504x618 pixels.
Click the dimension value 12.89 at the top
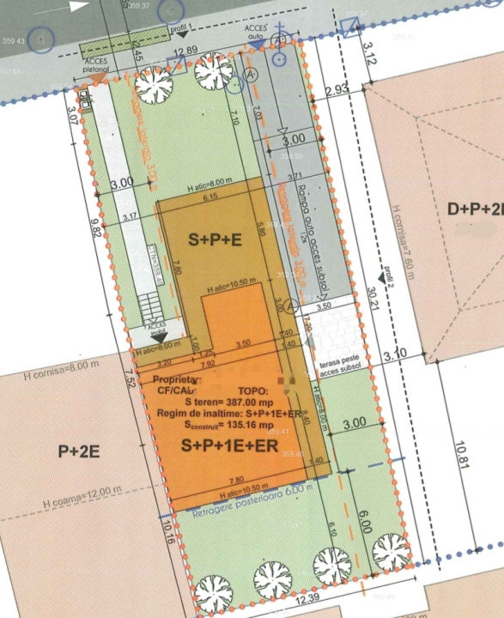[x=185, y=51]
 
